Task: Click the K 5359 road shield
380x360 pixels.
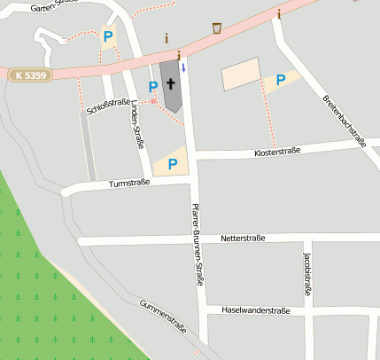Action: coord(31,76)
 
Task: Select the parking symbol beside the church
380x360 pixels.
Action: coord(153,86)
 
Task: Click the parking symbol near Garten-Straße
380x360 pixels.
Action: coord(108,36)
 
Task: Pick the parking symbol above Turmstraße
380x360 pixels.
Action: coord(173,164)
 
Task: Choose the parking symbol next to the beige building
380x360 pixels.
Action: coord(281,81)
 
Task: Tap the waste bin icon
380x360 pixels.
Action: coord(217,28)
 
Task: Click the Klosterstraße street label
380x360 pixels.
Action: coord(277,152)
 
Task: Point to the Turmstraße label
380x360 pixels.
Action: coord(129,184)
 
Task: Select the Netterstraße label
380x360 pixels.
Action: coord(244,239)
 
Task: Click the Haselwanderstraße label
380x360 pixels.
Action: coord(256,310)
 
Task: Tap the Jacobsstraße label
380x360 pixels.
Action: coord(307,272)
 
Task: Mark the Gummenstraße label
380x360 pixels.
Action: coord(163,317)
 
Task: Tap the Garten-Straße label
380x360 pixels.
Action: coord(49,5)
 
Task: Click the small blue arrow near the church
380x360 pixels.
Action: coord(183,67)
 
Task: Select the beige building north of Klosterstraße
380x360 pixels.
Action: coord(240,74)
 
